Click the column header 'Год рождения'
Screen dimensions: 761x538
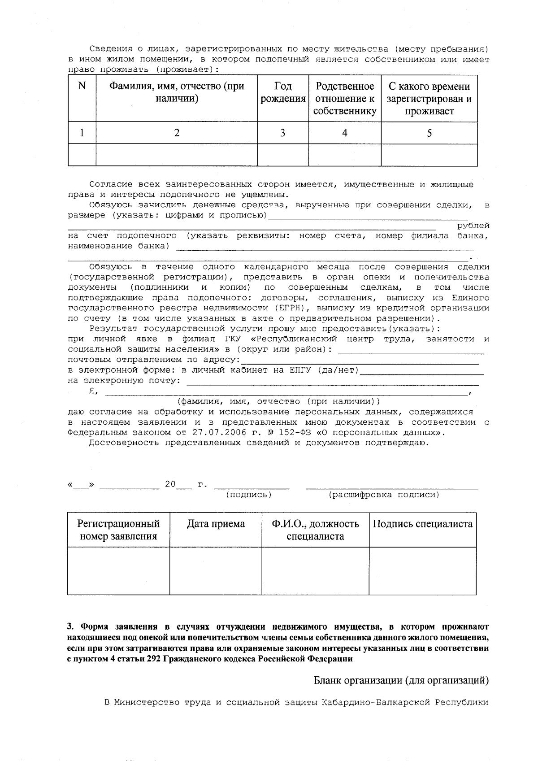(x=283, y=93)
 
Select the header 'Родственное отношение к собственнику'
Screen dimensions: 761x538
(x=344, y=99)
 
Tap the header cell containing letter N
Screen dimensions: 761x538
(x=82, y=86)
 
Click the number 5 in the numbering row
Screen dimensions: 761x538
(x=429, y=133)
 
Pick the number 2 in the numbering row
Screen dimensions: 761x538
(x=177, y=133)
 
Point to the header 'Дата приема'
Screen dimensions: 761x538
(x=216, y=524)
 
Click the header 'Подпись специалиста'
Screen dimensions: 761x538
(x=422, y=524)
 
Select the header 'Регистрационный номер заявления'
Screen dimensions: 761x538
(x=118, y=530)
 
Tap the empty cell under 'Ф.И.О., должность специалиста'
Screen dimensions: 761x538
(x=315, y=570)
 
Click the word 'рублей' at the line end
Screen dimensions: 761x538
(x=473, y=226)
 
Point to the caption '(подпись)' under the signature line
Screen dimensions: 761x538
(x=249, y=495)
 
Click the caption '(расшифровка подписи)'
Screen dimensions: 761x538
(x=384, y=495)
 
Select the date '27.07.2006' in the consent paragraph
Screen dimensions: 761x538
(x=217, y=433)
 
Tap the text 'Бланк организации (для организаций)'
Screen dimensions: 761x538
(x=401, y=681)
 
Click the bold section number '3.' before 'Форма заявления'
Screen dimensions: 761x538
(x=70, y=627)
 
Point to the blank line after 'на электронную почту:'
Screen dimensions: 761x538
(x=332, y=384)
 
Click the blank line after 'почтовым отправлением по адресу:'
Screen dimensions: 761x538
(x=359, y=364)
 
